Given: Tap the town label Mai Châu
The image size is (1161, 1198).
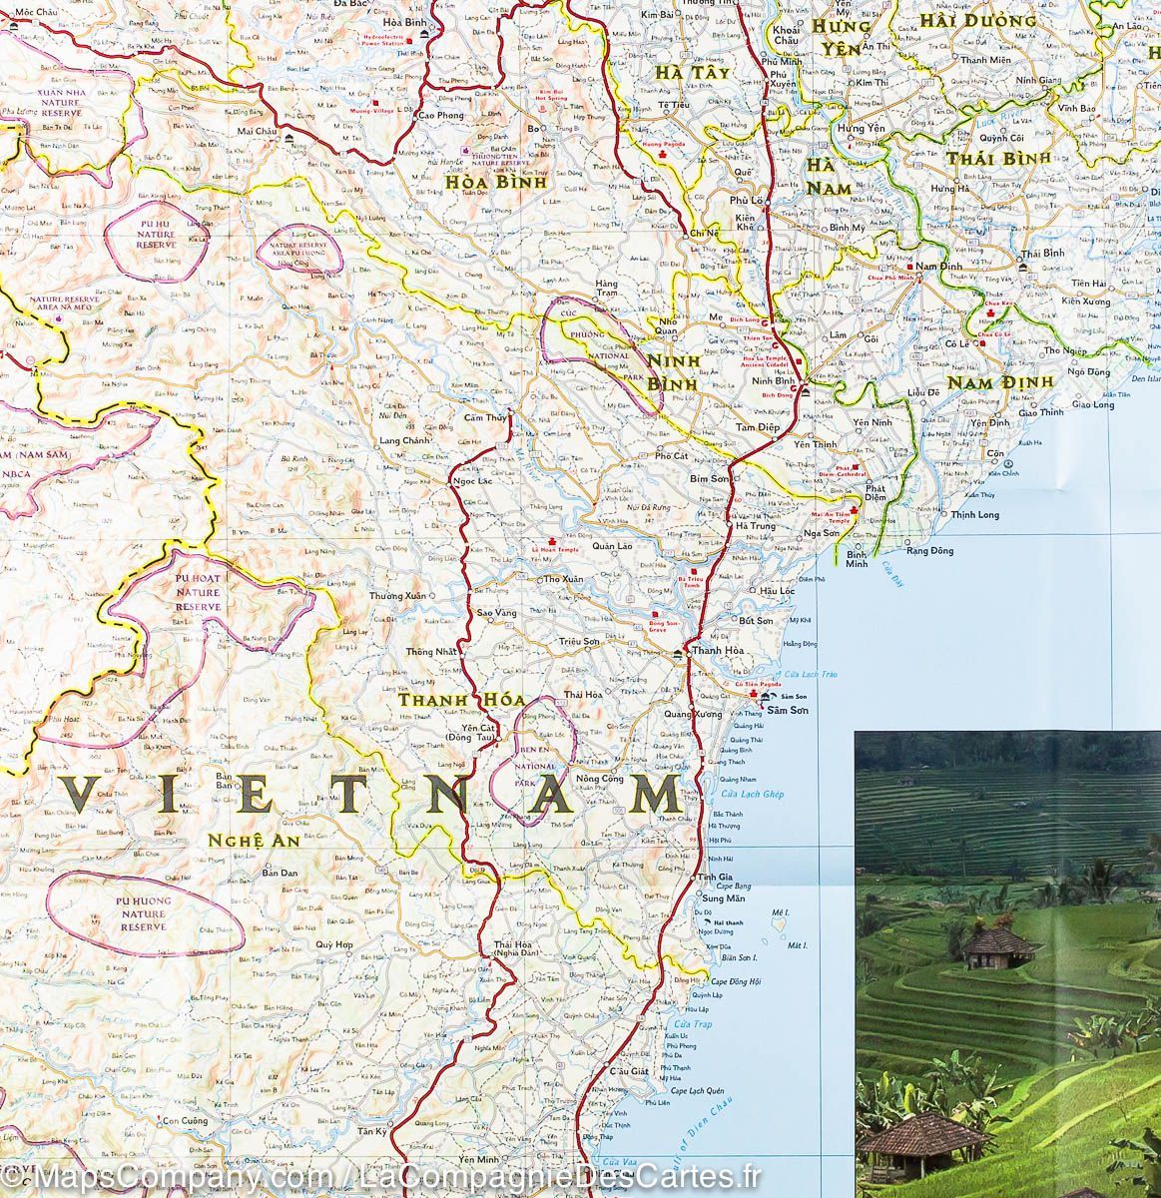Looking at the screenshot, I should pos(259,131).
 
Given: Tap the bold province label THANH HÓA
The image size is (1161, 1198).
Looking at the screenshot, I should pos(447,701).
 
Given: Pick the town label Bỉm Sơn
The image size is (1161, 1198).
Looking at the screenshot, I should pos(711,478).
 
